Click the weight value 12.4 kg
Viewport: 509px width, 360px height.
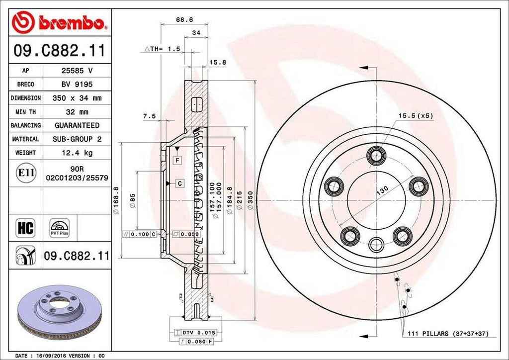pyautogui.click(x=77, y=153)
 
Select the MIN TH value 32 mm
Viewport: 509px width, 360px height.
pyautogui.click(x=77, y=112)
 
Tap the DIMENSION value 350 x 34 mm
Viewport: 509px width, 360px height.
pyautogui.click(x=77, y=98)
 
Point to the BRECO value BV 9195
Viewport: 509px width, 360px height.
pyautogui.click(x=77, y=85)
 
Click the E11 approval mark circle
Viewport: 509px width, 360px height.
pyautogui.click(x=25, y=173)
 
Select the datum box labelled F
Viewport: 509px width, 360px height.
pyautogui.click(x=176, y=160)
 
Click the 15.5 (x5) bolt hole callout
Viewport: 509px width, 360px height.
pyautogui.click(x=415, y=116)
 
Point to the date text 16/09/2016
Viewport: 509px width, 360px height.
pyautogui.click(x=52, y=356)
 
